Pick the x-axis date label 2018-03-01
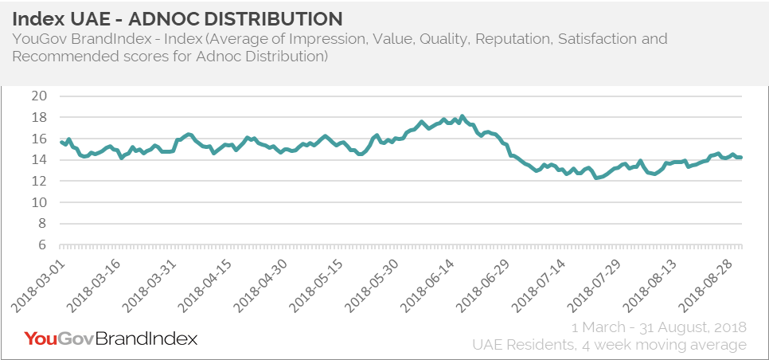tap(40, 282)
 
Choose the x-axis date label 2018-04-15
tap(209, 282)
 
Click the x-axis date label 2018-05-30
tap(378, 282)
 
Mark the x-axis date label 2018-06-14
tap(435, 282)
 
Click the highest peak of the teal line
tap(463, 116)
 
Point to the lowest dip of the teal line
tap(596, 178)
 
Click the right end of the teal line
tap(741, 157)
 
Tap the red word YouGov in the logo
tap(59, 338)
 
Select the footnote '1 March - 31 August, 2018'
tap(659, 327)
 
